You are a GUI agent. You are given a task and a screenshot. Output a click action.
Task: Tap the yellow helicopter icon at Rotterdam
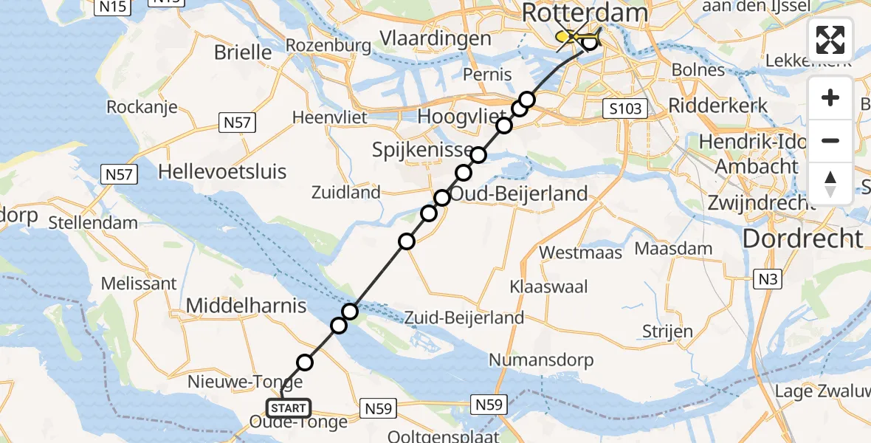coord(579,38)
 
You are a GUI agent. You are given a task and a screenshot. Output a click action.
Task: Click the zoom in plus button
coord(830,97)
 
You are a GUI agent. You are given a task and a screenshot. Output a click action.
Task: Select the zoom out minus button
coord(830,140)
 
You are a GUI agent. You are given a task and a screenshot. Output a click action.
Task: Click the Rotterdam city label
coord(585,13)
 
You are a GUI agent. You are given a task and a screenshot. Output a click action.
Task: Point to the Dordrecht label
coord(802,238)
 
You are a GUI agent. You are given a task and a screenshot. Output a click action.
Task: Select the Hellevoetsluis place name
coord(222,172)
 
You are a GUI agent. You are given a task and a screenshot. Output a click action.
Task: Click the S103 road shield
coord(624,109)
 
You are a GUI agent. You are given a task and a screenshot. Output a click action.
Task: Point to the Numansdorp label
coord(540,360)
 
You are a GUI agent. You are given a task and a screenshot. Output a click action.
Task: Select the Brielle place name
coord(243,52)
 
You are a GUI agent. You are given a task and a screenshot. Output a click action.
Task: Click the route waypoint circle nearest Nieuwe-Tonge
coord(305,362)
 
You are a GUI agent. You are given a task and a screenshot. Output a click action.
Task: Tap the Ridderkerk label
coord(717,105)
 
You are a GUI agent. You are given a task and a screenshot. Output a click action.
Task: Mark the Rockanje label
coord(142,106)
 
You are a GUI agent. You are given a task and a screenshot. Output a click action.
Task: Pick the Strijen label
coord(667,331)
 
